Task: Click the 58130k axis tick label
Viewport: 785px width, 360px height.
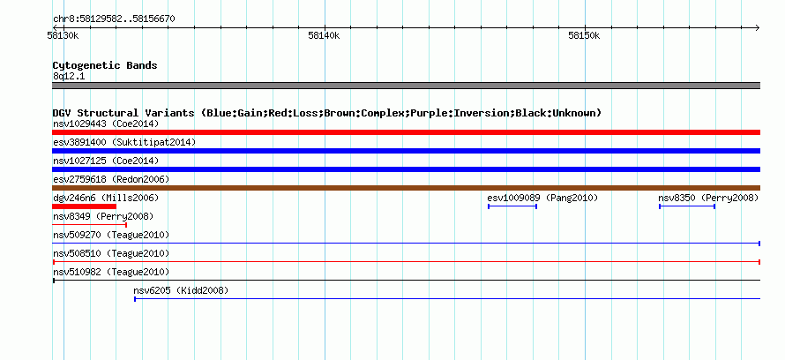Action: (63, 36)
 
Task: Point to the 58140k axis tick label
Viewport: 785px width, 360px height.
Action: (324, 36)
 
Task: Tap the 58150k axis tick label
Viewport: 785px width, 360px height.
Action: (584, 36)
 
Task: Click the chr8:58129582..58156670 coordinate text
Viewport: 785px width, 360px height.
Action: (114, 19)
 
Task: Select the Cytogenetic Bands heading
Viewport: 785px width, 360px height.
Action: (105, 65)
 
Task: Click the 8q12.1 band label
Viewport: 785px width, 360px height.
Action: (69, 76)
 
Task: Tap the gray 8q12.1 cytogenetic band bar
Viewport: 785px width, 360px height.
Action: (406, 86)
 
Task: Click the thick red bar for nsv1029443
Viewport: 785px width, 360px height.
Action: (406, 132)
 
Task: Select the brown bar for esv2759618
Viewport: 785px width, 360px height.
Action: (406, 188)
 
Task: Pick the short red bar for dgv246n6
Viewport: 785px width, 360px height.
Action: (84, 206)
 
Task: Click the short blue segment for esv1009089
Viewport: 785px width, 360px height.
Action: (512, 206)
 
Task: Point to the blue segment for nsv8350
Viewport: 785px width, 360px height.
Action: (687, 206)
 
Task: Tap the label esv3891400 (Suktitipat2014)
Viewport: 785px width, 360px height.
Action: (124, 142)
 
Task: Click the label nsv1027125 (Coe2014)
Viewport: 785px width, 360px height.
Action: (106, 161)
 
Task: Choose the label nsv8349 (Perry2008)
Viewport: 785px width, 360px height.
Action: (103, 216)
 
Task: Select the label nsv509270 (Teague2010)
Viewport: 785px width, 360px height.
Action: (111, 235)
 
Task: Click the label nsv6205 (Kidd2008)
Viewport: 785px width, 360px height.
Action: (181, 290)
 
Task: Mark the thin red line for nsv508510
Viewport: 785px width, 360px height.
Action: (406, 262)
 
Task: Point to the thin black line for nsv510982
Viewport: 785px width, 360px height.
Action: (406, 281)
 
